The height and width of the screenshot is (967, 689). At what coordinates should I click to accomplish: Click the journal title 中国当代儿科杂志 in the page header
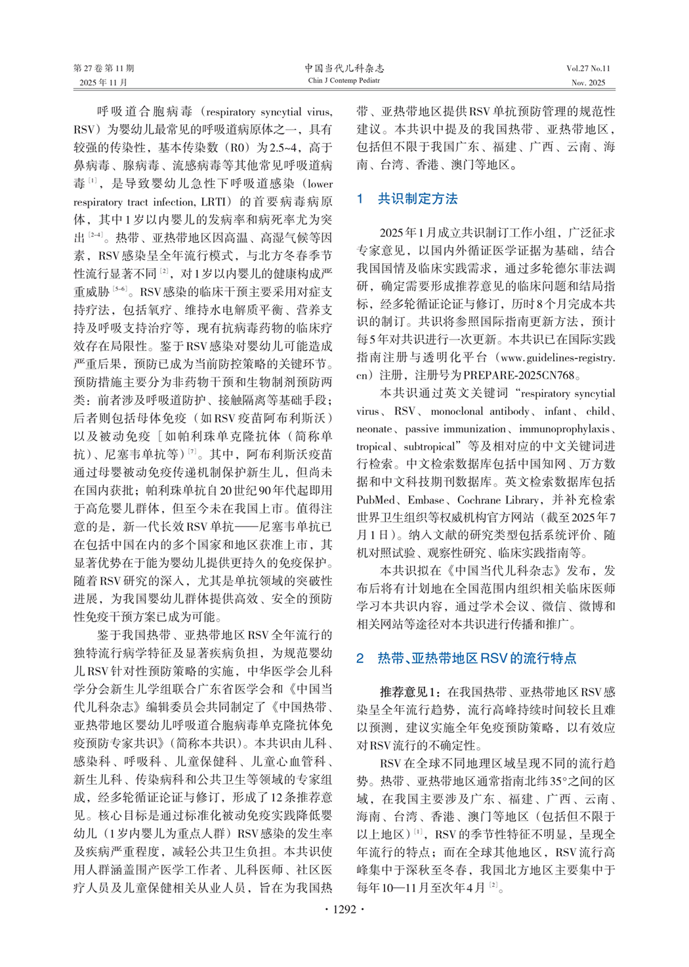click(344, 68)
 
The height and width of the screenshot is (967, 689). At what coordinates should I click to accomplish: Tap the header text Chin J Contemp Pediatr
click(344, 81)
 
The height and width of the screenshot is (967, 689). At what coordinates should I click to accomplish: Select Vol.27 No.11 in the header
click(588, 68)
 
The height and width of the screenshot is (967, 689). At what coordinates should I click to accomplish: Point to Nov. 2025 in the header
click(588, 83)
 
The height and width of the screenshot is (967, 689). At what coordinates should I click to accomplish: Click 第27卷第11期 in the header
click(104, 68)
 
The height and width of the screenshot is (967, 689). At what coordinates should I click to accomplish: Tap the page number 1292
click(344, 909)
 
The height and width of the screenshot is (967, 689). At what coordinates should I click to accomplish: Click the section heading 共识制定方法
click(417, 199)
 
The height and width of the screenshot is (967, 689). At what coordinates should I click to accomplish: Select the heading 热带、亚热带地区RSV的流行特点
click(477, 658)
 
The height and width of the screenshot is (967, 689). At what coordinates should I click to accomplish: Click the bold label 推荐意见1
click(410, 692)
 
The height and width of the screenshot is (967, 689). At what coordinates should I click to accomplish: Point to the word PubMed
click(376, 500)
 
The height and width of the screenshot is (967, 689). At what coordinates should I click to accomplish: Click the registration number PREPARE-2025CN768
click(518, 376)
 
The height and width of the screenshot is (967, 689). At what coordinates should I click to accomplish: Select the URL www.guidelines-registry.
click(556, 358)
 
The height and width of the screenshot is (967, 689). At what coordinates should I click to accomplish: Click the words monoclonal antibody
click(480, 412)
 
